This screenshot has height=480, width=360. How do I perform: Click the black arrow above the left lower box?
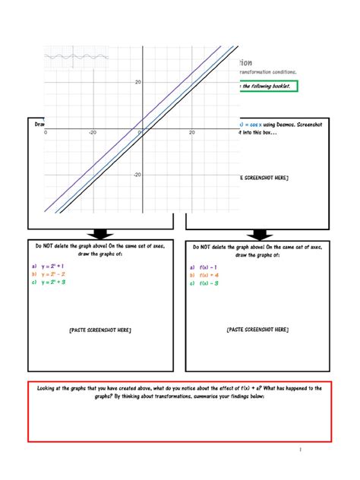pos(100,234)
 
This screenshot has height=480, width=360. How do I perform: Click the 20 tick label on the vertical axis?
pos(137,82)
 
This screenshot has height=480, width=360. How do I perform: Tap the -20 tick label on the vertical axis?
pos(137,175)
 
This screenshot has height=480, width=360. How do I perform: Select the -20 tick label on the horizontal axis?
pos(93,132)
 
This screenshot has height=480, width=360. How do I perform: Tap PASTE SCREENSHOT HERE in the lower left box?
pos(99,330)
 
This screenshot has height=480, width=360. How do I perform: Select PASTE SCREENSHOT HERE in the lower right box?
pos(257,330)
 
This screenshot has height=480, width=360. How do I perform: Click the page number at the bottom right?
pos(301,450)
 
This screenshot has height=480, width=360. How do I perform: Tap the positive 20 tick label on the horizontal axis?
pos(192,132)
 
